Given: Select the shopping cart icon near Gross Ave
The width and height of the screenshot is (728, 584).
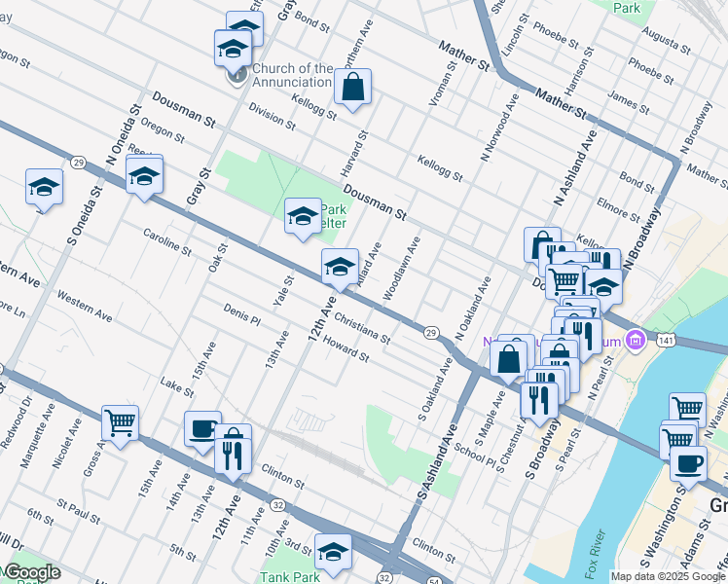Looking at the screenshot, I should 121,423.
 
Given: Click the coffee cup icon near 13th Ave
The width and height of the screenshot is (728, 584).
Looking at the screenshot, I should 202,429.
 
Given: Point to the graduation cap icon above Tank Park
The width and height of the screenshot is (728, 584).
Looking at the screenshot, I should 334,552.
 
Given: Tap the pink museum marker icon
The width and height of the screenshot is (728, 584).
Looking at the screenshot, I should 637,341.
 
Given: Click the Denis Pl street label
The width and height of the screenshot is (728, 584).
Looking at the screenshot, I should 242,313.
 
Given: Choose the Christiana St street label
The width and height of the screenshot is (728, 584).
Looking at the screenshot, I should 361,328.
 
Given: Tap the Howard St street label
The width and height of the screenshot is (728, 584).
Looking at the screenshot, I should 346,348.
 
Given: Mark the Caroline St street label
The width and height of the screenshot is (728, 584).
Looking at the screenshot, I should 167,242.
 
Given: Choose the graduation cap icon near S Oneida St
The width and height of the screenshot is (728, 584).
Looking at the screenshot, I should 44,187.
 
